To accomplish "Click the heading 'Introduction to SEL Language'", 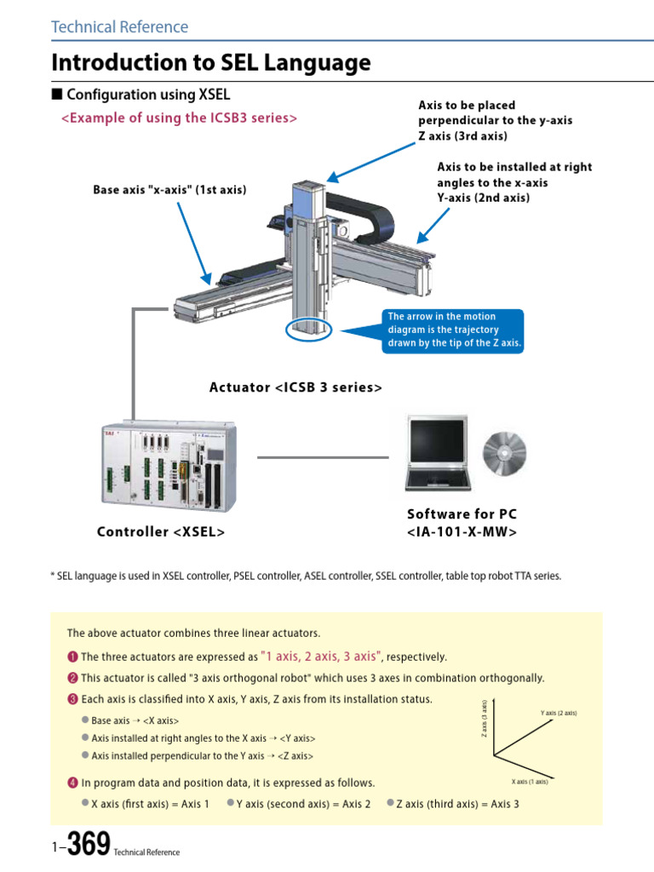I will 211,63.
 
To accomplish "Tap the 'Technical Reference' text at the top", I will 120,26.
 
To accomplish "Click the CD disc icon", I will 504,450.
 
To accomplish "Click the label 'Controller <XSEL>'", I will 161,532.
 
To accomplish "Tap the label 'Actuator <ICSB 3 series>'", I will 295,387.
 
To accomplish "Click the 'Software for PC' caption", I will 462,514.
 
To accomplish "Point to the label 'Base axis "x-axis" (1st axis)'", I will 169,190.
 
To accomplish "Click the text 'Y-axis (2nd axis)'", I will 483,198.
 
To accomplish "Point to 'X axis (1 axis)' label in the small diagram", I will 530,781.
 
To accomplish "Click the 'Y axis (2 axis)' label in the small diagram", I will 558,713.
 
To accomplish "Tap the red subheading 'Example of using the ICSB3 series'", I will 179,118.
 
